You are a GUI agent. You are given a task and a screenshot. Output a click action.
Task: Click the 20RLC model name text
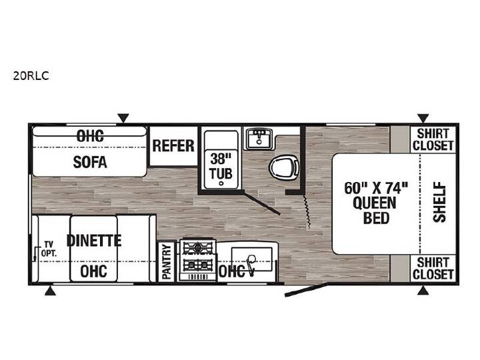click(31, 75)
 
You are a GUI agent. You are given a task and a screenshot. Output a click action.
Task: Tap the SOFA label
click(90, 161)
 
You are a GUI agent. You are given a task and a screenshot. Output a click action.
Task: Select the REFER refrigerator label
click(173, 146)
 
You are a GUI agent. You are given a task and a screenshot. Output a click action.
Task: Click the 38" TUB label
click(221, 166)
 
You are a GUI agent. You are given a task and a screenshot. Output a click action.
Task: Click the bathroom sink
click(259, 139)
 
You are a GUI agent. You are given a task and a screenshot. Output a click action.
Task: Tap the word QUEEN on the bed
click(375, 203)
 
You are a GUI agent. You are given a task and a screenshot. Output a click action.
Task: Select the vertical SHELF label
click(439, 202)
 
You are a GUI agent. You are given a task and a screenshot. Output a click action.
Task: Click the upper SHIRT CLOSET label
click(433, 139)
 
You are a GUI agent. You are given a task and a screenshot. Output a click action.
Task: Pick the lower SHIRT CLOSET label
click(433, 268)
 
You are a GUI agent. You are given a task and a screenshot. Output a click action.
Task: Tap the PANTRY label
click(167, 262)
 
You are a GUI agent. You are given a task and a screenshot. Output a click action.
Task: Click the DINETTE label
click(94, 241)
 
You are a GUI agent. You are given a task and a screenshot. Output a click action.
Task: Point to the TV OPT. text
click(49, 249)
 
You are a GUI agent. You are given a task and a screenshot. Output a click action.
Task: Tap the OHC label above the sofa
click(90, 136)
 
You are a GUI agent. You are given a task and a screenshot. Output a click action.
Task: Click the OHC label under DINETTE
click(94, 271)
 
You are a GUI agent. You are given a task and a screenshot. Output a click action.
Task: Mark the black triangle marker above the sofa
click(123, 118)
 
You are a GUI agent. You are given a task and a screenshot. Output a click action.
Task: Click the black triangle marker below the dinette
click(50, 291)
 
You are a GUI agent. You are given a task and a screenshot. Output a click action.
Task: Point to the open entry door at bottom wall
click(306, 289)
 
